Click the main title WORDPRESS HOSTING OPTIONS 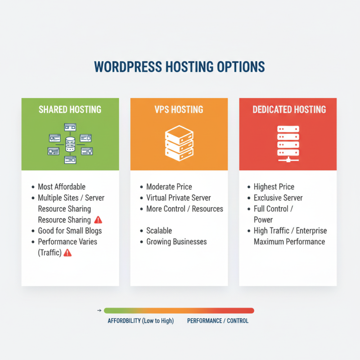click(179, 67)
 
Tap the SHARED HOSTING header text click(70, 109)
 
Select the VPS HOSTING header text click(179, 109)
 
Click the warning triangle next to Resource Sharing click(99, 220)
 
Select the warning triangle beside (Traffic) click(67, 253)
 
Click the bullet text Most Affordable click(61, 187)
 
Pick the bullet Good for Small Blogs click(70, 231)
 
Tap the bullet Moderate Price click(169, 187)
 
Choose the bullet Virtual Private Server click(178, 198)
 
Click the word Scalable click(159, 231)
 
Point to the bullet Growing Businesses click(176, 242)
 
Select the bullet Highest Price click(274, 187)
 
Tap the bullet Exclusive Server click(278, 198)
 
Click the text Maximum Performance click(289, 242)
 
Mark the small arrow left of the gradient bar click(99, 310)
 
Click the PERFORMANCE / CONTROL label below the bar click(218, 321)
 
